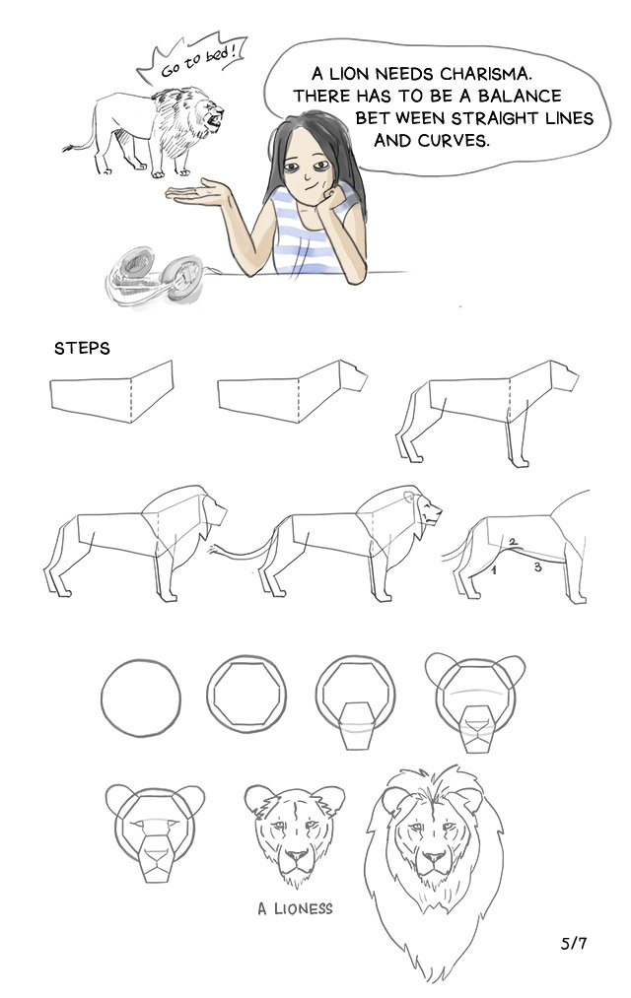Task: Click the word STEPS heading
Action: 82,348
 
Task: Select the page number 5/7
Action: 574,943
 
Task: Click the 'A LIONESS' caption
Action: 295,908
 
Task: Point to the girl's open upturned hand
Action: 197,193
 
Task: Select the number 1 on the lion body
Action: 494,570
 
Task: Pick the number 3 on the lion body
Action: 538,566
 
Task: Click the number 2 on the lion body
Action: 513,542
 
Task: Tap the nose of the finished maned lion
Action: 433,858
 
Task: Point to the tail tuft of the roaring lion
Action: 67,149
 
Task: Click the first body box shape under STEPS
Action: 111,391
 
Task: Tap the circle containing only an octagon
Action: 245,695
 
